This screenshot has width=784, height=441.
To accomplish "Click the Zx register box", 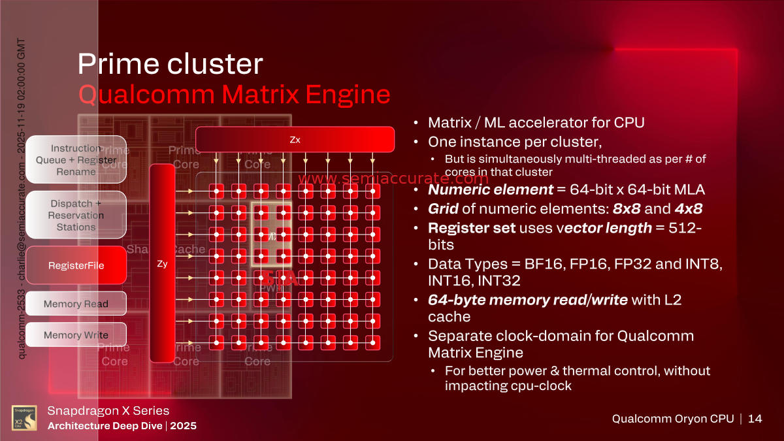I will (295, 139).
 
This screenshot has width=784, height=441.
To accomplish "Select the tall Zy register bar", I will (162, 263).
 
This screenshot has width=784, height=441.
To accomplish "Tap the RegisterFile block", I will (76, 265).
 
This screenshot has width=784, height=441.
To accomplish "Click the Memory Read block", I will (76, 304).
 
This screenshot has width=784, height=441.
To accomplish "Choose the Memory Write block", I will (76, 335).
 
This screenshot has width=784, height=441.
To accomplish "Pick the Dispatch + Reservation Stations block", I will (76, 215).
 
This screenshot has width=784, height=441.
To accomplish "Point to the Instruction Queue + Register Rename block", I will (76, 160).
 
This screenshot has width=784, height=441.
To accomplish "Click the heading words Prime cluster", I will (171, 64).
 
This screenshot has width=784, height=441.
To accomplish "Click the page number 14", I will (755, 419).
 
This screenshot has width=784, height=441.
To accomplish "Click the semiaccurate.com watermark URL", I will (393, 178).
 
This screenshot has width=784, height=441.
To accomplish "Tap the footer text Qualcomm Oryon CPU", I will (672, 419).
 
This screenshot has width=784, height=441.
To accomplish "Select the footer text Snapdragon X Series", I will (108, 411).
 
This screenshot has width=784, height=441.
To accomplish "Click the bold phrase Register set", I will (470, 228).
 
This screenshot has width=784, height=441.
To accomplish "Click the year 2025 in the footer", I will (184, 426).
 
